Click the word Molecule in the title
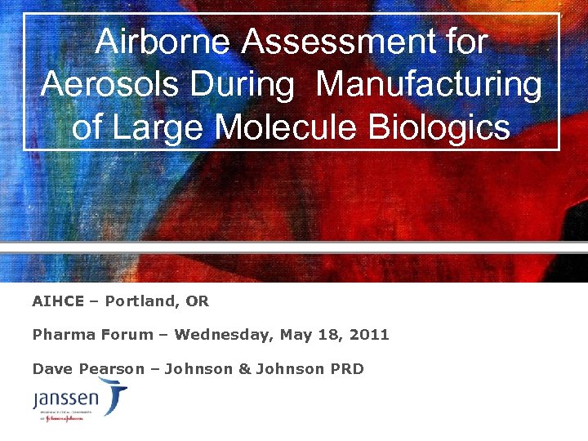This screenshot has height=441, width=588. pos(287,128)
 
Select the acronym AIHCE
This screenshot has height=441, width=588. pos(58,301)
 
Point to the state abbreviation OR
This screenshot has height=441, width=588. pos(198,301)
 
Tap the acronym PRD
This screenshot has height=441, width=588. pos(347,369)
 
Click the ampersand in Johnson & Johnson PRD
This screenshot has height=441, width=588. pos(244,369)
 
